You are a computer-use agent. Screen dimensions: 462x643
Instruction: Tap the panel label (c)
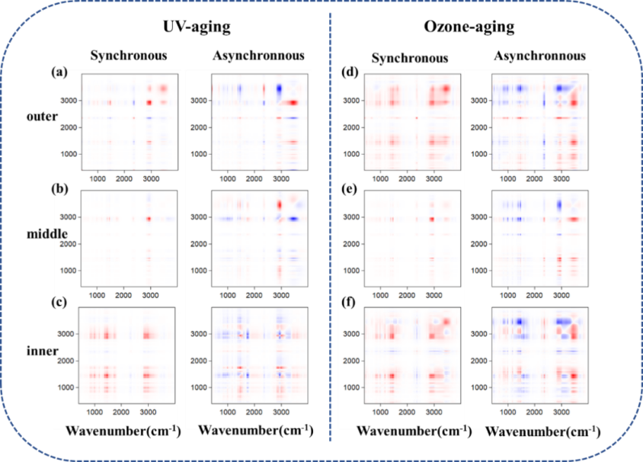(x=59, y=302)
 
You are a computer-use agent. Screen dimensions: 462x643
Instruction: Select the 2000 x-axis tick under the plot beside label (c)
(x=124, y=412)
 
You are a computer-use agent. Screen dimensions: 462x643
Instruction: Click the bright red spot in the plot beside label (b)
(x=150, y=219)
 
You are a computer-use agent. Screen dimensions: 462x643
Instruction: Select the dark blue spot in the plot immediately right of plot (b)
(x=292, y=219)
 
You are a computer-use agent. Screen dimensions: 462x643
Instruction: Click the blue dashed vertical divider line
(x=330, y=229)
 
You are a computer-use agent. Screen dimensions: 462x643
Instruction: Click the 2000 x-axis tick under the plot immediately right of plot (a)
(x=254, y=178)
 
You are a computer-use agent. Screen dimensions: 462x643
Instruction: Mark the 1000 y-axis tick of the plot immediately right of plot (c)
(x=200, y=387)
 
